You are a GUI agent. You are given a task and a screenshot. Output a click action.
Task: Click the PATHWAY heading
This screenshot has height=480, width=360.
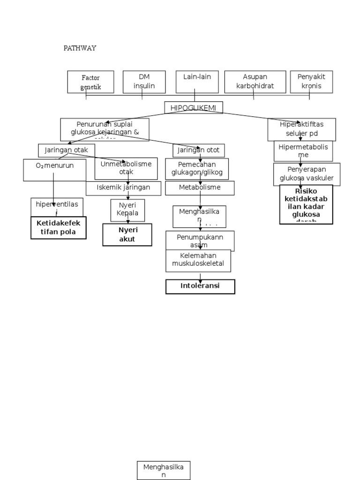pyautogui.click(x=80, y=48)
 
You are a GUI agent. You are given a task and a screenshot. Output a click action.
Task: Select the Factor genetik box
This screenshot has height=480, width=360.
pyautogui.click(x=90, y=82)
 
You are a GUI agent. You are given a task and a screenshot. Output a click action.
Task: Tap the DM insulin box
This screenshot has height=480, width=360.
pyautogui.click(x=144, y=82)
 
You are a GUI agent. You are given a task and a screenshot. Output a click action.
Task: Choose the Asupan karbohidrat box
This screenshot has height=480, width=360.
pyautogui.click(x=255, y=82)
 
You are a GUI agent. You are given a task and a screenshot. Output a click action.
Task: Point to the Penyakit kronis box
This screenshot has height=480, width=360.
pyautogui.click(x=311, y=82)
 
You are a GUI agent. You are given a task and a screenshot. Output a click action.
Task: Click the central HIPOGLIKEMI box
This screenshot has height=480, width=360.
pyautogui.click(x=194, y=108)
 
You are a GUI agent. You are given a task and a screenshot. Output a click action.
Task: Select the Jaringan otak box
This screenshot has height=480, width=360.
pyautogui.click(x=66, y=150)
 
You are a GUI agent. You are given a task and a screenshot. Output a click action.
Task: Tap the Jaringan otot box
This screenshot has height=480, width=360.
pyautogui.click(x=199, y=150)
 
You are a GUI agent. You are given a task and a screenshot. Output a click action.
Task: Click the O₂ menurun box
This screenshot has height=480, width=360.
pyautogui.click(x=55, y=170)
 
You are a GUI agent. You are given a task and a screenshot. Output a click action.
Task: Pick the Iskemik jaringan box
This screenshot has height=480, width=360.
pyautogui.click(x=123, y=188)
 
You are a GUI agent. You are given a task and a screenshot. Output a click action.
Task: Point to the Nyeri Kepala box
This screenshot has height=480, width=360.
pyautogui.click(x=127, y=210)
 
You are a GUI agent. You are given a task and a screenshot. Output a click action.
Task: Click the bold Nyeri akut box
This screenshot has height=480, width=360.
pyautogui.click(x=127, y=234)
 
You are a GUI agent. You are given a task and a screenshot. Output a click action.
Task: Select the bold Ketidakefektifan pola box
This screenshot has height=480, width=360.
pyautogui.click(x=58, y=228)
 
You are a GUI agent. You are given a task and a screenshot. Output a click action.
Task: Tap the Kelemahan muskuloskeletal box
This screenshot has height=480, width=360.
pyautogui.click(x=198, y=260)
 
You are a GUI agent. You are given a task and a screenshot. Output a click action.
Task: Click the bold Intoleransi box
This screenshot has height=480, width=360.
pyautogui.click(x=200, y=286)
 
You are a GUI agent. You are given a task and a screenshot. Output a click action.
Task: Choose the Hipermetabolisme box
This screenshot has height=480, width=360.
pyautogui.click(x=303, y=151)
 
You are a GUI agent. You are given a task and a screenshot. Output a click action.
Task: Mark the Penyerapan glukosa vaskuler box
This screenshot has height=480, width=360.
pyautogui.click(x=307, y=174)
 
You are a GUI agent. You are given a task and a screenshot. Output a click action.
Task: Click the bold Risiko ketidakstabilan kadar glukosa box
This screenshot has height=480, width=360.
pyautogui.click(x=306, y=204)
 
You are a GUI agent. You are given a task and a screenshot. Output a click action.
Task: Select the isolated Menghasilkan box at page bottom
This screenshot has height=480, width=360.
pyautogui.click(x=164, y=470)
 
